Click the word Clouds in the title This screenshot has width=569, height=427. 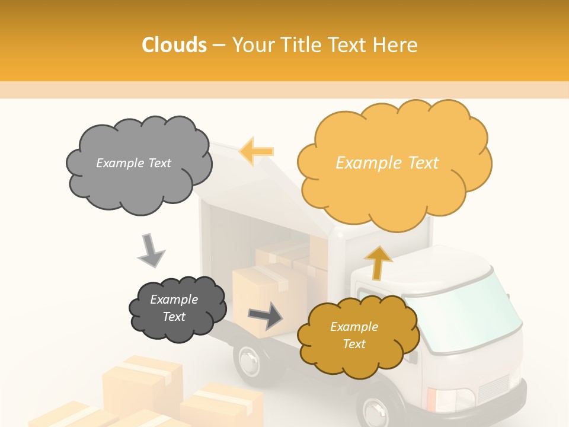[174, 44]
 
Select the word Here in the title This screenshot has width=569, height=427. [395, 44]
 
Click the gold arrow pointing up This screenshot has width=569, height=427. [378, 262]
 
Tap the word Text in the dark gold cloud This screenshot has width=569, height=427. [354, 345]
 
